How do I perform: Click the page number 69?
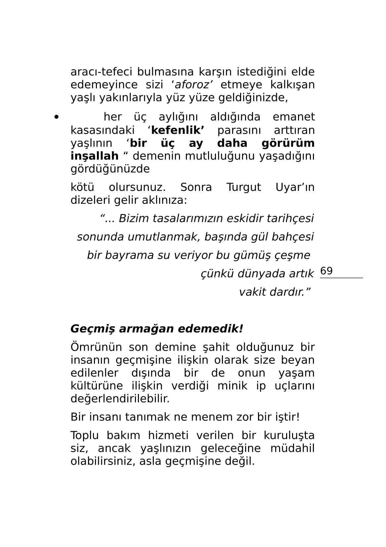tap(326, 271)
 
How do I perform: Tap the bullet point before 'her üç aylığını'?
tap(57, 117)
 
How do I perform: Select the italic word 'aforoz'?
tap(192, 85)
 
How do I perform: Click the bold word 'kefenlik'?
tap(177, 130)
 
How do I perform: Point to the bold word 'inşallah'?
tap(94, 156)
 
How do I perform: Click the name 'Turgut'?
tap(243, 187)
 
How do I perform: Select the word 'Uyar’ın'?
tap(295, 187)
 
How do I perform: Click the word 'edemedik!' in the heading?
tap(210, 329)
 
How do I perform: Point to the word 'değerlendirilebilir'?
tap(120, 398)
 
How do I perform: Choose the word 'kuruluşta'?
tap(289, 435)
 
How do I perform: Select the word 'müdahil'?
tap(292, 448)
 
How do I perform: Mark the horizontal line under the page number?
tap(341, 278)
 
